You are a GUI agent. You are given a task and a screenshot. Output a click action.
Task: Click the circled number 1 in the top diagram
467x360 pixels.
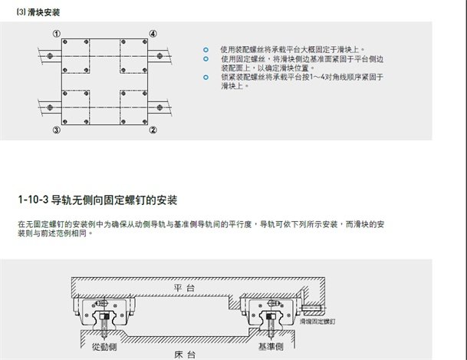[57, 34]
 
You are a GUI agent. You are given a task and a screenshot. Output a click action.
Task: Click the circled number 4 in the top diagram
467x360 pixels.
[153, 34]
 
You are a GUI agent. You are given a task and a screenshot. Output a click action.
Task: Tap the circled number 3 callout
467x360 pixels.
[57, 130]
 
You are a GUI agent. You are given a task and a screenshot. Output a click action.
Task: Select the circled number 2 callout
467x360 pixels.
[153, 130]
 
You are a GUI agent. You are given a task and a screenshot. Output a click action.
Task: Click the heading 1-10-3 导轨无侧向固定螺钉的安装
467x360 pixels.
[97, 200]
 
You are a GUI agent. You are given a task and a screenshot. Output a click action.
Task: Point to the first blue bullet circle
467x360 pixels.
[206, 48]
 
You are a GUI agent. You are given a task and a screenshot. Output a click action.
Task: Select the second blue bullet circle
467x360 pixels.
[206, 58]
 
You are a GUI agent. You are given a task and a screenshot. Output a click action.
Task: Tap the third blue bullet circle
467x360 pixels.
[206, 78]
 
